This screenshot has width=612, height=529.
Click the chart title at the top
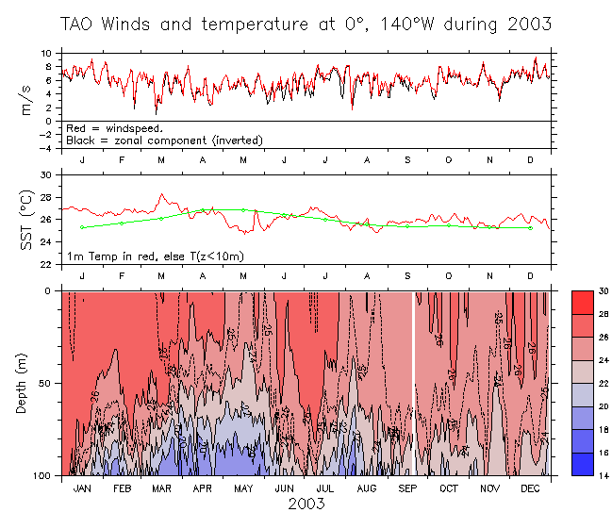(x=306, y=23)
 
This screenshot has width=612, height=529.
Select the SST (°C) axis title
(x=27, y=220)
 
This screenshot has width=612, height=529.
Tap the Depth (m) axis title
(x=27, y=383)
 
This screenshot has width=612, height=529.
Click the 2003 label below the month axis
(x=306, y=504)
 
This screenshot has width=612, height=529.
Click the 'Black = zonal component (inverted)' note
(x=164, y=140)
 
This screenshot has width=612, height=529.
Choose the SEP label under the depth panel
(x=407, y=488)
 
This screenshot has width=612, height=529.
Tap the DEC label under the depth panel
(x=530, y=488)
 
